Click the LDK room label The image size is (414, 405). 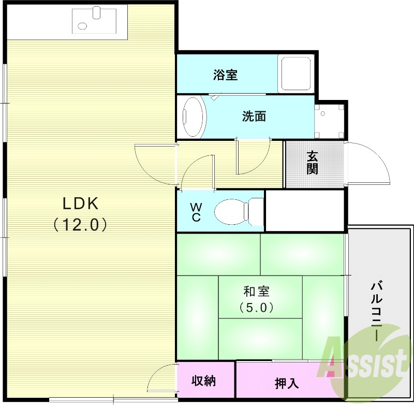tap(80, 204)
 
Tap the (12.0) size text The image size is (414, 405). tap(80, 224)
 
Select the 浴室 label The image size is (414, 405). tap(225, 75)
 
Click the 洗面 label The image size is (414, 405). tap(254, 117)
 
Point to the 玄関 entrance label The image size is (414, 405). tap(312, 163)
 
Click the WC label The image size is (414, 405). tap(196, 212)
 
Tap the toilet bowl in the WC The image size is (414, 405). tap(231, 211)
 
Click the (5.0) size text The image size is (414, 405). tap(257, 307)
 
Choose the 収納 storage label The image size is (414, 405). tap(204, 381)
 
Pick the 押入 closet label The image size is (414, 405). tap(287, 383)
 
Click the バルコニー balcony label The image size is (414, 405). tap(377, 310)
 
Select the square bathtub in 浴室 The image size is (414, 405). tap(295, 74)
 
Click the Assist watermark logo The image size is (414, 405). tap(365, 360)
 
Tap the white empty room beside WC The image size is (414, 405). tap(304, 211)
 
